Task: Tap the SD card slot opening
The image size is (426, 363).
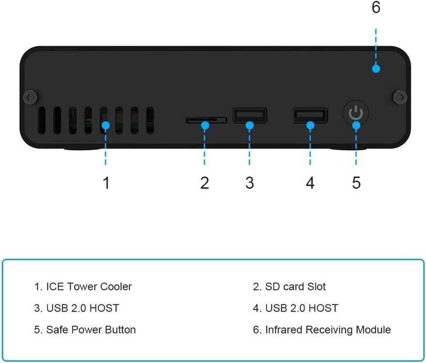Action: [206, 120]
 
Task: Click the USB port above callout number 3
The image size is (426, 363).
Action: [250, 115]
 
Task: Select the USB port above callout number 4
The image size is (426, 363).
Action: [310, 115]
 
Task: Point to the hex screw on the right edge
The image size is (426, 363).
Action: [400, 96]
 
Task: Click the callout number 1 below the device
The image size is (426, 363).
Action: [106, 183]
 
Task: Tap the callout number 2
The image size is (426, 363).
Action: [205, 183]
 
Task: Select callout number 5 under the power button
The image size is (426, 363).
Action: [356, 183]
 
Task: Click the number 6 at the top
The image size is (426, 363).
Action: [376, 8]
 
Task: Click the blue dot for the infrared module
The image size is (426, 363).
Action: [376, 68]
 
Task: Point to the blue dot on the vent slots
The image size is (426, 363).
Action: [106, 125]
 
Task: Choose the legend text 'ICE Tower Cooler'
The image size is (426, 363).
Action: [83, 287]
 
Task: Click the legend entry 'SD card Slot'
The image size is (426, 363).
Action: [289, 287]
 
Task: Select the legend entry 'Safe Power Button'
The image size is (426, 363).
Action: [85, 330]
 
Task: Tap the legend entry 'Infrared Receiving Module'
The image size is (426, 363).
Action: [322, 330]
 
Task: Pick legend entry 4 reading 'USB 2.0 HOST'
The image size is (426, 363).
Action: [296, 308]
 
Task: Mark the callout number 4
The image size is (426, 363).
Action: [310, 183]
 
